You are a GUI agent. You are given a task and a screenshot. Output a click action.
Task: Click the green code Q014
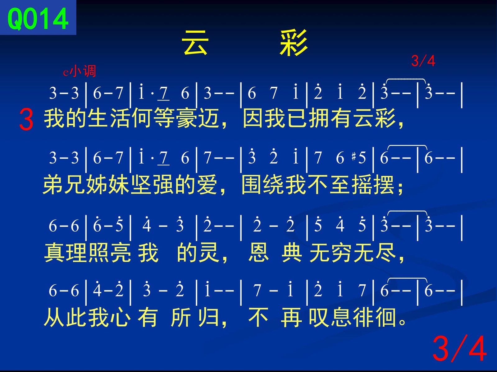38,19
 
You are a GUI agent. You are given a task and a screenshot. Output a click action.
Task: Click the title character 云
195,43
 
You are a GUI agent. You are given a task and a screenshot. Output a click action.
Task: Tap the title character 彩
294,43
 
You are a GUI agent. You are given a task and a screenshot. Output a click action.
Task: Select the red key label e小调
80,71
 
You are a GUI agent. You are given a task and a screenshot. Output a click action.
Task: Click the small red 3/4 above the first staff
423,61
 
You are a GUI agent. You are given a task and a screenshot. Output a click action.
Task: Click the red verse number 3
26,119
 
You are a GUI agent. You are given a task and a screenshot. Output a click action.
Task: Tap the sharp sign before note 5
354,157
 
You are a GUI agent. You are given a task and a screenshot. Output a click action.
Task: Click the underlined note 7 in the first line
163,93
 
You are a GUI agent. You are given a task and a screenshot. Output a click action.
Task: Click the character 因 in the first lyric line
253,118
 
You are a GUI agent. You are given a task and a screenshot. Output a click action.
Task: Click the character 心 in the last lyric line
120,317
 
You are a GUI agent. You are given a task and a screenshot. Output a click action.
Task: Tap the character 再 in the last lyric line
291,317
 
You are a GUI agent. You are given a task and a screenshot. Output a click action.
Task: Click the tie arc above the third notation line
407,211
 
